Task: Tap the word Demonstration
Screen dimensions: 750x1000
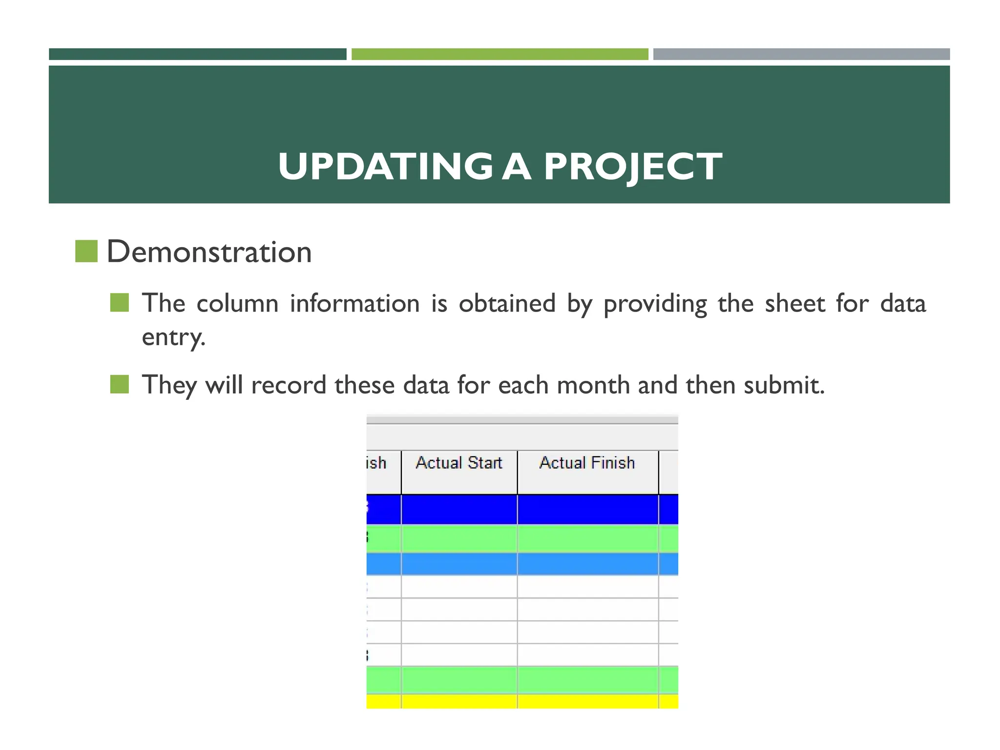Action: click(x=209, y=252)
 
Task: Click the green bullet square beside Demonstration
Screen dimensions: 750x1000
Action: click(x=86, y=251)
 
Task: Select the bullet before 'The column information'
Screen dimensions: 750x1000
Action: click(x=120, y=303)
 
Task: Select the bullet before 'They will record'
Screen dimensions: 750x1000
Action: click(x=120, y=384)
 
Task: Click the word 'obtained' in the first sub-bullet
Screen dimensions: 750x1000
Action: click(x=507, y=303)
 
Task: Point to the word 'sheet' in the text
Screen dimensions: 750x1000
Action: click(x=794, y=303)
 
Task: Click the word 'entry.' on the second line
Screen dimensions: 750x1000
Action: click(x=173, y=337)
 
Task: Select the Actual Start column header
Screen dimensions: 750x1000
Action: click(x=459, y=463)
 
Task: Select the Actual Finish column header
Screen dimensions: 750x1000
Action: click(x=587, y=463)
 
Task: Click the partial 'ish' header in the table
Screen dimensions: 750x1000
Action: click(x=376, y=463)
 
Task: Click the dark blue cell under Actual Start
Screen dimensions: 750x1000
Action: click(x=459, y=509)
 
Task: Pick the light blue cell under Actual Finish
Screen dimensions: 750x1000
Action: click(x=587, y=564)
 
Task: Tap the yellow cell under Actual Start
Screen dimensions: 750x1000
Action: click(x=459, y=702)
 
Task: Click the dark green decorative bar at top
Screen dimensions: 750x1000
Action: click(x=198, y=54)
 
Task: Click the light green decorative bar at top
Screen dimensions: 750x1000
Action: click(x=500, y=54)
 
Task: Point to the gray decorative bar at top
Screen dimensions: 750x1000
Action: click(x=801, y=54)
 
